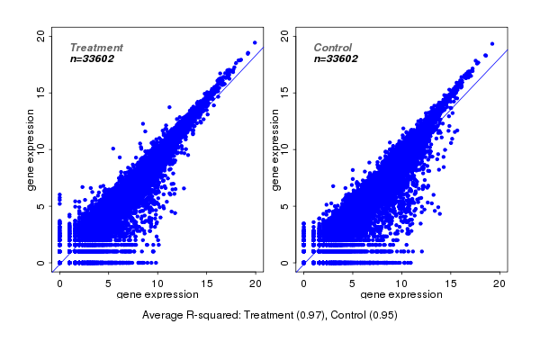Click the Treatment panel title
(x=96, y=47)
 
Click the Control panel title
(x=333, y=47)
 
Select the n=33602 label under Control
(x=336, y=58)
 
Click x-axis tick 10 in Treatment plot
(x=157, y=283)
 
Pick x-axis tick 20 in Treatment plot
(x=256, y=283)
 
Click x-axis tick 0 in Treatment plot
(x=59, y=283)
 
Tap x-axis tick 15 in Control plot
(x=451, y=283)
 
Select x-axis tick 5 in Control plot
(x=353, y=283)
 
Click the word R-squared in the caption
(x=214, y=316)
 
